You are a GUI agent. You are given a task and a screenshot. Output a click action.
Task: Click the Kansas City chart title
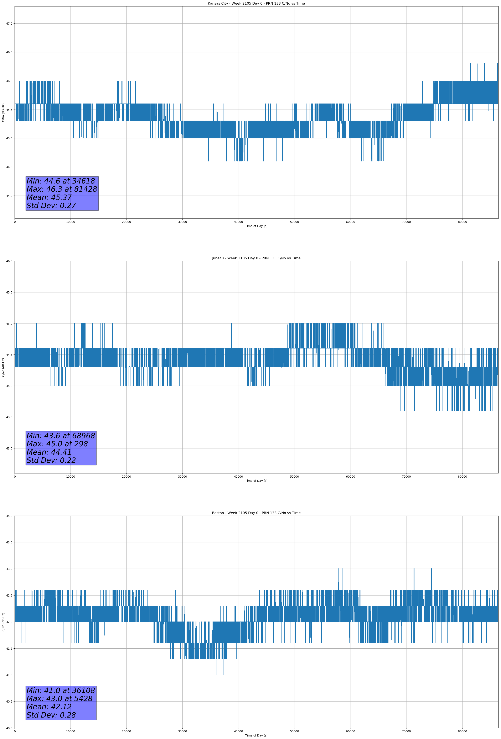[256, 4]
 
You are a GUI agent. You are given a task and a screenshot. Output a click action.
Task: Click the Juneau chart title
[256, 258]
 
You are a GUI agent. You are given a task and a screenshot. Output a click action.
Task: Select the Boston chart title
[256, 513]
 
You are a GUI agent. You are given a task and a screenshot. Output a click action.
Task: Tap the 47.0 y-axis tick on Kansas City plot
[9, 24]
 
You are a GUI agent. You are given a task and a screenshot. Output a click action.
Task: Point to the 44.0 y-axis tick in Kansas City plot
[9, 196]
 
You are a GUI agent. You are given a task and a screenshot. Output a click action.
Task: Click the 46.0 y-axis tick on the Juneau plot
[9, 261]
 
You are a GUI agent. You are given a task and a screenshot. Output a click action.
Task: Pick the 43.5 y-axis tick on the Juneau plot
[9, 417]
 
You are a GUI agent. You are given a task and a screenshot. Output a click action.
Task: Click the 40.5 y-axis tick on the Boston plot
[9, 702]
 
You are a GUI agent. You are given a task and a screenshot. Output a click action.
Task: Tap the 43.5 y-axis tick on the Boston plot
[9, 543]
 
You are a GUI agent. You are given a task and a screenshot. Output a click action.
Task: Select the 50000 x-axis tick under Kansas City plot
[294, 222]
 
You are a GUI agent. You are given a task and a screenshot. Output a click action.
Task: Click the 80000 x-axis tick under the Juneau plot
[462, 477]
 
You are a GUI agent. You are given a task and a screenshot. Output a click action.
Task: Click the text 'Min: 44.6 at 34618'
[61, 181]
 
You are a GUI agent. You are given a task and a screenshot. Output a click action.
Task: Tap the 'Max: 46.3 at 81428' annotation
[62, 189]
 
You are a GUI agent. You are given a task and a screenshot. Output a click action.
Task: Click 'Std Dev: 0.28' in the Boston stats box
[51, 715]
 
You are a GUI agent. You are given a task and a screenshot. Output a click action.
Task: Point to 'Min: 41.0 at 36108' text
[61, 690]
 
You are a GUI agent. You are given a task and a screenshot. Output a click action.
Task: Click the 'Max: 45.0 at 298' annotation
[57, 444]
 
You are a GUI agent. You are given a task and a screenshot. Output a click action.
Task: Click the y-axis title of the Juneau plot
[3, 367]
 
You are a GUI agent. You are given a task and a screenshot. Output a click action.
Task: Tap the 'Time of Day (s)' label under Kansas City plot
[256, 226]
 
